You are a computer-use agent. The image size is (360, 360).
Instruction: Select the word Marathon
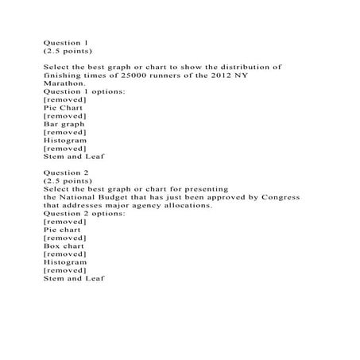[x=64, y=82]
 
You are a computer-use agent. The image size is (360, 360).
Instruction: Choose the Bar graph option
[x=63, y=122]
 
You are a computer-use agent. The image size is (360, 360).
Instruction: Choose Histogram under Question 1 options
[x=65, y=139]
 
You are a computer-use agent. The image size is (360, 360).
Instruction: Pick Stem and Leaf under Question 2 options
[x=73, y=278]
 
